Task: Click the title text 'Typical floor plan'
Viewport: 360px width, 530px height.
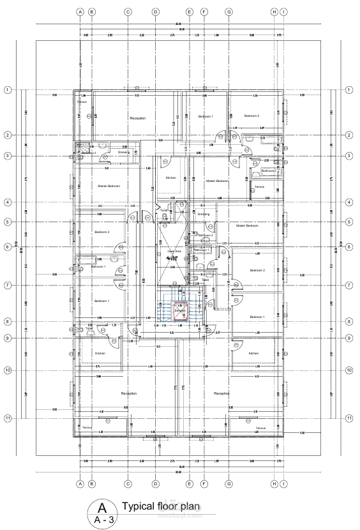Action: pos(161,506)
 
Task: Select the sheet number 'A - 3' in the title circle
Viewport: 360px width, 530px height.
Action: pos(101,520)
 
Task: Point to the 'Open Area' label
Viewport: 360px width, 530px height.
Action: pos(174,252)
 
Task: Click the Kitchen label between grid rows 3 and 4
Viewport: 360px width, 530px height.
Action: pos(170,178)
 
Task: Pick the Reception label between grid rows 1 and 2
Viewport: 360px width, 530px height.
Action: pos(137,118)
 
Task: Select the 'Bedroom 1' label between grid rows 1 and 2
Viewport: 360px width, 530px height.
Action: pos(205,116)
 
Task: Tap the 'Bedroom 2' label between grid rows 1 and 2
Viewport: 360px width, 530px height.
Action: pos(251,116)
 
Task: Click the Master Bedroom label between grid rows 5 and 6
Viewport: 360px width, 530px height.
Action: pos(247,225)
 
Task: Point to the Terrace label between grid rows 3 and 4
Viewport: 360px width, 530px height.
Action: pos(259,186)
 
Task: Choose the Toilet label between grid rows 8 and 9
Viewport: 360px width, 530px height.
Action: pos(89,329)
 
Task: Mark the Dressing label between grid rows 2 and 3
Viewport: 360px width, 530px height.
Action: pos(123,152)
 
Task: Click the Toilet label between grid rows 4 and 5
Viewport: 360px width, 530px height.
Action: pos(164,210)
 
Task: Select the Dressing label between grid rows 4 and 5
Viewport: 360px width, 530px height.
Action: pos(203,214)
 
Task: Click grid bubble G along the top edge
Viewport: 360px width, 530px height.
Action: pos(228,11)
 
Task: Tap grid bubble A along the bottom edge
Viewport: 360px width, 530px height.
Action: pos(80,483)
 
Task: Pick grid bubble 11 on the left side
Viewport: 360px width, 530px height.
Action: pos(8,418)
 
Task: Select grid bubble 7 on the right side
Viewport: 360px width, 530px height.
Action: pos(349,285)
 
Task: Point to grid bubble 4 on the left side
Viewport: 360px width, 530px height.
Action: pos(8,202)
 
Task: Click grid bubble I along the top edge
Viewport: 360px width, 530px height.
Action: pos(283,11)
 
